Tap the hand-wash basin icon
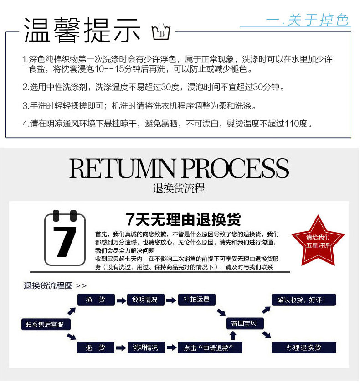coord(162,31)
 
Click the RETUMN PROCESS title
coord(179,168)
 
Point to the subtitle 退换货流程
coord(179,188)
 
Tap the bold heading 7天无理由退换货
coord(183,220)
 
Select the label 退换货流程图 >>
coord(55,286)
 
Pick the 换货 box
coord(95,300)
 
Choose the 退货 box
coord(95,348)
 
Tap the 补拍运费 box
coord(196,300)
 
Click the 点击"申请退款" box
coord(210,348)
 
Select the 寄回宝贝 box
coord(245,323)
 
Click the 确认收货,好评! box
coord(303,300)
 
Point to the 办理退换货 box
coord(303,348)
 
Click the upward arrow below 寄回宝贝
coord(233,335)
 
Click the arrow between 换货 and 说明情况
coord(121,301)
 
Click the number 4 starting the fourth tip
coord(25,124)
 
